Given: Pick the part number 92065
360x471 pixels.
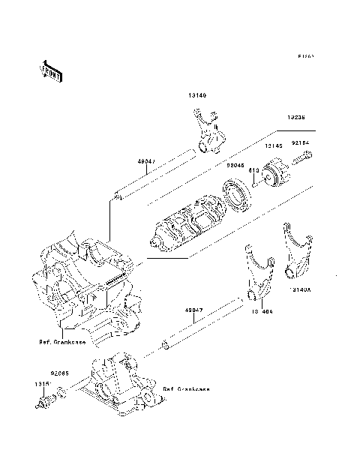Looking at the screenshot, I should click(61, 371).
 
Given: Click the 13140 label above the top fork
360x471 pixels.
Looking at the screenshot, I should click(197, 96).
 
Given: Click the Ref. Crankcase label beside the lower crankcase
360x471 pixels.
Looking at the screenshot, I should click(186, 390).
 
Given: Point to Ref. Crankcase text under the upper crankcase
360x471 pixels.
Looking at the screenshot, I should click(62, 342).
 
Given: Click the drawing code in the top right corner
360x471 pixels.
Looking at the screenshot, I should click(306, 56).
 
